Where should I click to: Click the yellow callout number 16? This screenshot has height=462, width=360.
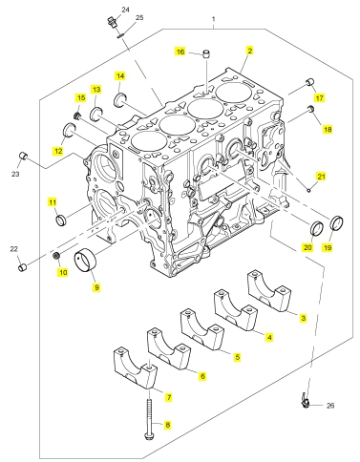pos(180,52)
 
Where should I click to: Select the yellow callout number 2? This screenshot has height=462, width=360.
pos(250,51)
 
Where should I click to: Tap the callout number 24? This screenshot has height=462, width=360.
pos(125,10)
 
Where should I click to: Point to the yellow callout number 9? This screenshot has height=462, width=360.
pos(96,287)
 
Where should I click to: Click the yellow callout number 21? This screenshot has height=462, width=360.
pos(321,176)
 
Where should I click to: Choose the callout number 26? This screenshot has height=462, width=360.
pos(330,406)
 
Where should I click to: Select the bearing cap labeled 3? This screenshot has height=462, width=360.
pos(269,290)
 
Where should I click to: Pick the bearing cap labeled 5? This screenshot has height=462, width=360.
pos(202,328)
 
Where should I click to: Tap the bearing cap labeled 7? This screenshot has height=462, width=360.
pos(136,367)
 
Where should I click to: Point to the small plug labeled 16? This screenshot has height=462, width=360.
pos(207,53)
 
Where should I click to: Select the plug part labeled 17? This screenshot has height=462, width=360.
pos(309,82)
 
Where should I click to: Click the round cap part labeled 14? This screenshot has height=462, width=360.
pos(120,99)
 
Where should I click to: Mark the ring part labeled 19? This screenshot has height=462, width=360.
pos(337,222)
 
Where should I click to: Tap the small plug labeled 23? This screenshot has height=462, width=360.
pos(23,156)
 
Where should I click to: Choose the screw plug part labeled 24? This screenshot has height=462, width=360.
pos(112,23)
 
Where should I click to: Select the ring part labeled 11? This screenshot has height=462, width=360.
pos(61,220)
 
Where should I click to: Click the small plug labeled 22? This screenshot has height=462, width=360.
pos(22,267)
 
